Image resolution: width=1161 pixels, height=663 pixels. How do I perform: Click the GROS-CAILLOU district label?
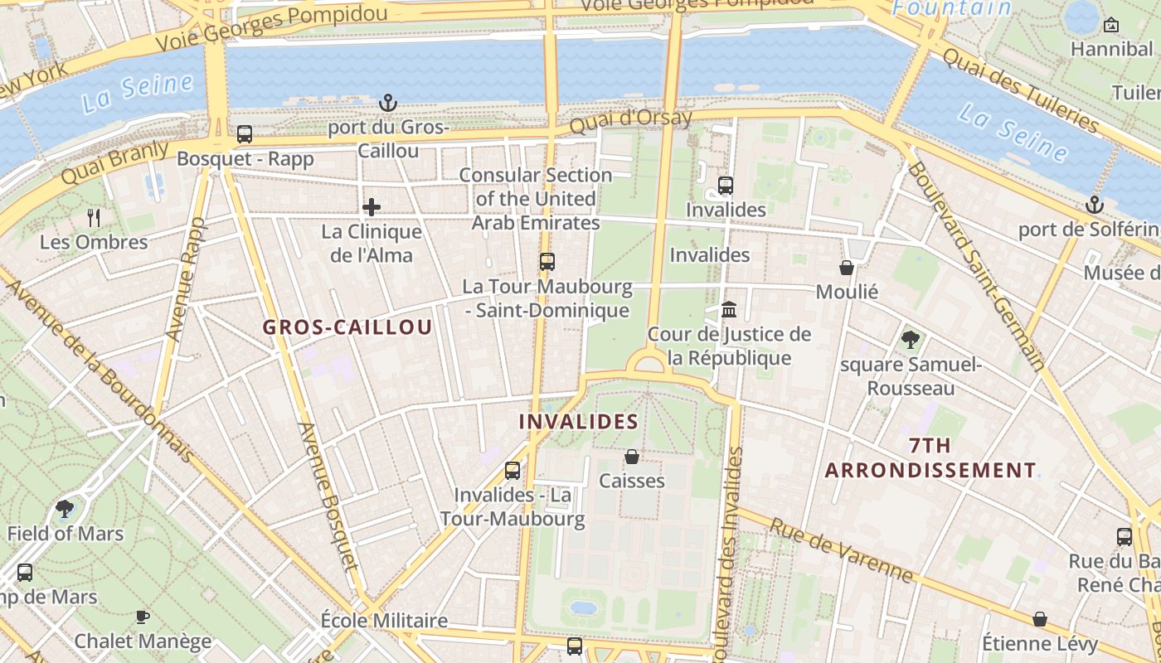pyautogui.click(x=347, y=327)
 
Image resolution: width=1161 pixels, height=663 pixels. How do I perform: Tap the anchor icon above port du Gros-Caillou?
pyautogui.click(x=388, y=103)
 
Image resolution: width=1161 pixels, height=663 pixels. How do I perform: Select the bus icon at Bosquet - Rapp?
pyautogui.click(x=245, y=134)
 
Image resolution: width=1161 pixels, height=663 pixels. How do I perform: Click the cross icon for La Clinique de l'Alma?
pyautogui.click(x=372, y=206)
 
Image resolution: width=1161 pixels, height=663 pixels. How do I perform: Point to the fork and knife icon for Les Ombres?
pyautogui.click(x=94, y=218)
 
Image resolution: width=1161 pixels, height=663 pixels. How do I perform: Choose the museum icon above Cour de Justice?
pyautogui.click(x=729, y=310)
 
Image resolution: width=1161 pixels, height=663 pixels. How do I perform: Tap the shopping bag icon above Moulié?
pyautogui.click(x=847, y=268)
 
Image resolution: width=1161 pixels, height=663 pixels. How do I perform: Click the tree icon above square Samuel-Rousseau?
pyautogui.click(x=910, y=339)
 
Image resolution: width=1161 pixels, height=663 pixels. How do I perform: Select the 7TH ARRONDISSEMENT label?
pyautogui.click(x=930, y=458)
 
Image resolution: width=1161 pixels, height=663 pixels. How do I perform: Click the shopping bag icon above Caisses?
pyautogui.click(x=632, y=457)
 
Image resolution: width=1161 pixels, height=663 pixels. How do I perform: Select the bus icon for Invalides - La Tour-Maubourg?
pyautogui.click(x=512, y=471)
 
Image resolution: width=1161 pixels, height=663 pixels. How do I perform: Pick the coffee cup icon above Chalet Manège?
pyautogui.click(x=143, y=617)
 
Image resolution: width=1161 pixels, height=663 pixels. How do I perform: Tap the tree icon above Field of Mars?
pyautogui.click(x=65, y=509)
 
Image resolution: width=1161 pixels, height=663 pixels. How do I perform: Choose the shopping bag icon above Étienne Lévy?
pyautogui.click(x=1040, y=619)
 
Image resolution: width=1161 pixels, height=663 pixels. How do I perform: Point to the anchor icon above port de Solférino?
pyautogui.click(x=1095, y=205)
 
